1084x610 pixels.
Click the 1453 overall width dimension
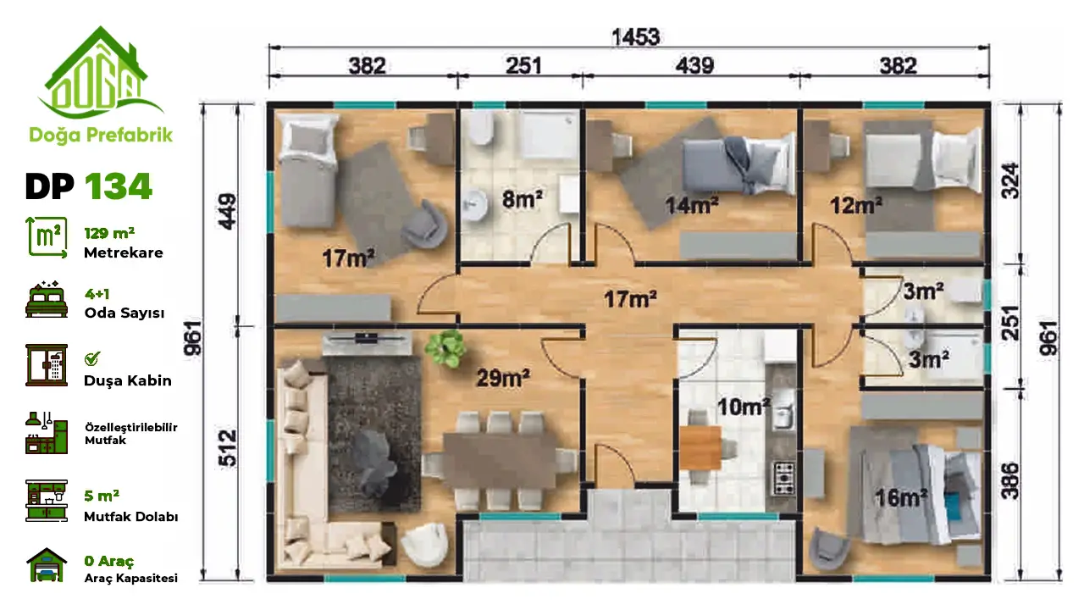[x=635, y=37]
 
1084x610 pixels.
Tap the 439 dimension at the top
[x=694, y=66]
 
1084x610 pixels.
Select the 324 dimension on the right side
[x=1010, y=181]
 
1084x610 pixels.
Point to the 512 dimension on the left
[x=228, y=448]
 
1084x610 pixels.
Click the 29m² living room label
[x=503, y=378]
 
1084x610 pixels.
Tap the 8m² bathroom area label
[x=523, y=199]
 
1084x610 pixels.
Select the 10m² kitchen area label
[x=744, y=407]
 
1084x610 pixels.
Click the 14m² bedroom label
[x=692, y=205]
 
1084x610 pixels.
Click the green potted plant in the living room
[x=445, y=348]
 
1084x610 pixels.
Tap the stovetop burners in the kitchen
[x=784, y=479]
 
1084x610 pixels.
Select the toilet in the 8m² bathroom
[x=479, y=128]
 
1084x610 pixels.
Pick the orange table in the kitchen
[x=700, y=448]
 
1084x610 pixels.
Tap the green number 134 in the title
[x=119, y=187]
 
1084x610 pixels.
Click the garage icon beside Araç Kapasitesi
[x=47, y=564]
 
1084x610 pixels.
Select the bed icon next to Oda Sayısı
[x=47, y=300]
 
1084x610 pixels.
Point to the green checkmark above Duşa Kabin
[x=92, y=358]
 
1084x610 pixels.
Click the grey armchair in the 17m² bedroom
[x=424, y=225]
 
